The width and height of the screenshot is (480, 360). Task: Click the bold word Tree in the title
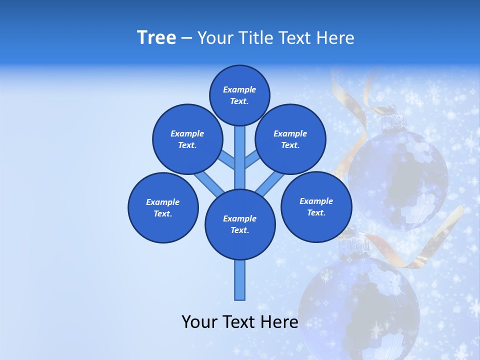click(x=156, y=38)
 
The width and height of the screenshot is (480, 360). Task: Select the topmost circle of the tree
click(x=239, y=95)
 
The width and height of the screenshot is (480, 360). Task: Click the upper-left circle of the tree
click(x=187, y=139)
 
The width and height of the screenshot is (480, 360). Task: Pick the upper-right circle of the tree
click(x=290, y=139)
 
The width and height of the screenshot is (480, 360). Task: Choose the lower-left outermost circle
click(x=163, y=207)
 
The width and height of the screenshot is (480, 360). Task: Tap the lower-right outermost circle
click(x=316, y=206)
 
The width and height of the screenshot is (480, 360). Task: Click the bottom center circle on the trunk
click(x=240, y=224)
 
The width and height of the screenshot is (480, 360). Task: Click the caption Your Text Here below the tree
click(x=240, y=322)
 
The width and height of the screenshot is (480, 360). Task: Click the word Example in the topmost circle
click(x=239, y=90)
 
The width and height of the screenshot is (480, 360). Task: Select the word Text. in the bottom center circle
click(x=240, y=230)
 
